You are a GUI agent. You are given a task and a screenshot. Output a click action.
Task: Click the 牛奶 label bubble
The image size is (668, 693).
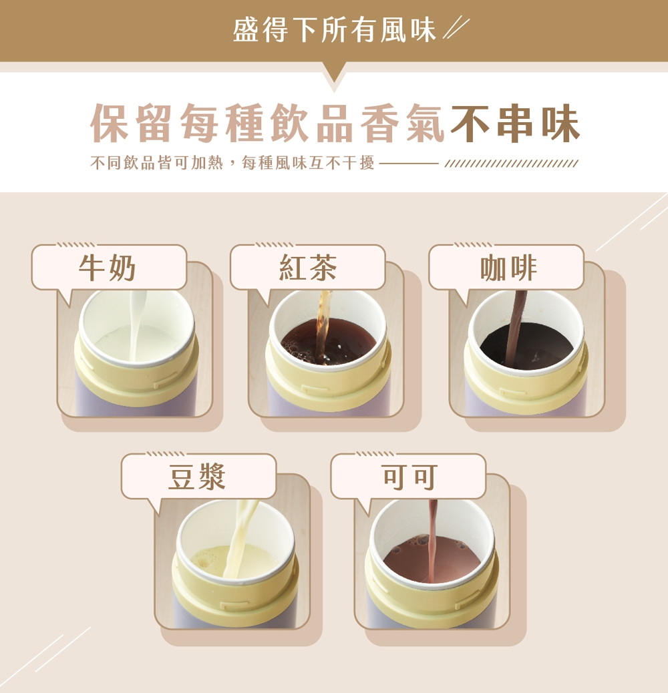pyautogui.click(x=108, y=268)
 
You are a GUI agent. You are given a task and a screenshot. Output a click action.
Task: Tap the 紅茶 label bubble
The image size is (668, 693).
pyautogui.click(x=308, y=268)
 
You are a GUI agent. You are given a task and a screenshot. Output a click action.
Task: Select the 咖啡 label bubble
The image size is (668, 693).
pyautogui.click(x=506, y=268)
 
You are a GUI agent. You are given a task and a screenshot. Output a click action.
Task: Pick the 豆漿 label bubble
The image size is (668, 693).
pyautogui.click(x=198, y=477)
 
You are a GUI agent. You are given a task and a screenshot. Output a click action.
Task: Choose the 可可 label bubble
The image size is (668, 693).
pyautogui.click(x=409, y=477)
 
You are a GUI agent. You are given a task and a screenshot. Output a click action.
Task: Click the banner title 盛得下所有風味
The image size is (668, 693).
pyautogui.click(x=334, y=30)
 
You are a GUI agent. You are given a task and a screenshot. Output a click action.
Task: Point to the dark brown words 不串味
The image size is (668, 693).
pyautogui.click(x=515, y=124)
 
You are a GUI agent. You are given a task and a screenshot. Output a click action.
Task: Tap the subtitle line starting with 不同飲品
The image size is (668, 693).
pyautogui.click(x=232, y=163)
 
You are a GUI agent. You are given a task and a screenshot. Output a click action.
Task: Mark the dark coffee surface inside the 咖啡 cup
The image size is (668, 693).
pyautogui.click(x=526, y=346)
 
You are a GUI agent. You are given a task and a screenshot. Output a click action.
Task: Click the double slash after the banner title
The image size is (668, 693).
pyautogui.click(x=456, y=28)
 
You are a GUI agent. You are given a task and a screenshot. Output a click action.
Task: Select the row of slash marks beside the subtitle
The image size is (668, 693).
pyautogui.click(x=511, y=164)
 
